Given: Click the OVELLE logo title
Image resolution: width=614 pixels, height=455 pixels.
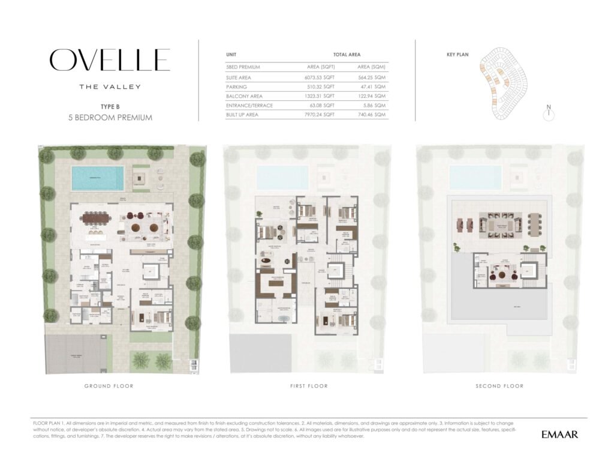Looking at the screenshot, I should tap(110, 60).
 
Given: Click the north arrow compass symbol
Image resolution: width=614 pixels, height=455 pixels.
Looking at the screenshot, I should tap(548, 115).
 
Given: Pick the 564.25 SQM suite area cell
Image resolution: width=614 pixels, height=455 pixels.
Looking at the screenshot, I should tap(372, 77).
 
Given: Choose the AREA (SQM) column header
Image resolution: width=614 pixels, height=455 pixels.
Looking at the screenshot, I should tap(372, 67).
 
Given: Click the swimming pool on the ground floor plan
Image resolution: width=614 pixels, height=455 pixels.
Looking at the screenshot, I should tap(97, 178).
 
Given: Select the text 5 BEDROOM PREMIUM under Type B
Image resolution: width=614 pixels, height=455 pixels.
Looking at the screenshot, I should tap(110, 118).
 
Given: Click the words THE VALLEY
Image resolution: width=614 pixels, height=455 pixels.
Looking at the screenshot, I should tap(110, 86).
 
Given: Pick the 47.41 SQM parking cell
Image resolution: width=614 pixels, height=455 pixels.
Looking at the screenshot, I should tap(372, 86).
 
